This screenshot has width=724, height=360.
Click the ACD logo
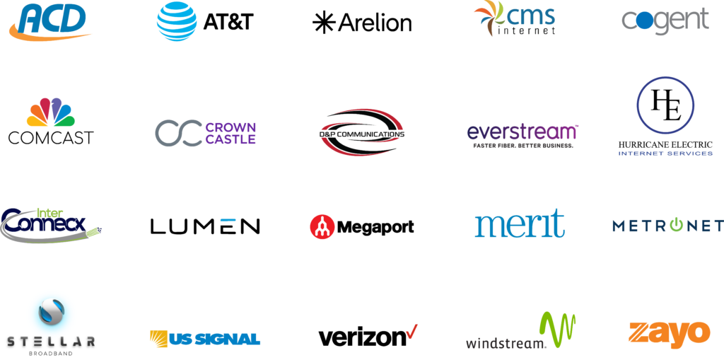(x=49, y=21)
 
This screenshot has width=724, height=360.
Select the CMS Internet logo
(x=514, y=20)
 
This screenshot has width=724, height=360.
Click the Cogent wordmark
(x=665, y=21)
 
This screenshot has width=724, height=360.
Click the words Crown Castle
(x=230, y=133)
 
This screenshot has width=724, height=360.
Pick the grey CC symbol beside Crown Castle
(x=178, y=133)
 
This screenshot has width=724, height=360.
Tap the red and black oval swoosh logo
(x=363, y=132)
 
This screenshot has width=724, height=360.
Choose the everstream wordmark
(x=522, y=132)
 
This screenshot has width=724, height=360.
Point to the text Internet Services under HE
(x=665, y=153)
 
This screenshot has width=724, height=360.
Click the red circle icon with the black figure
(x=322, y=226)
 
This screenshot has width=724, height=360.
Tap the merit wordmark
(x=520, y=224)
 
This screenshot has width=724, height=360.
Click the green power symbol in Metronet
(x=677, y=226)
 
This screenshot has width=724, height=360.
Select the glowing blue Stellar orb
(x=51, y=312)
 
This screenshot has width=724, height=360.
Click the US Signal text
(x=215, y=339)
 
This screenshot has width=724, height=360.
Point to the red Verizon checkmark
(x=411, y=331)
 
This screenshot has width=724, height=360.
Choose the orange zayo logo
(x=669, y=332)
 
